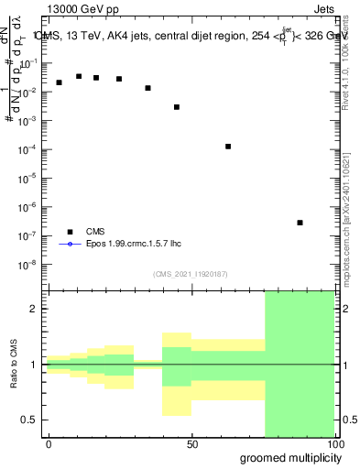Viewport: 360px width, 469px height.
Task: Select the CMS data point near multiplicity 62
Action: point(228,147)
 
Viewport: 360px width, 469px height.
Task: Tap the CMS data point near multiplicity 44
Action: point(177,107)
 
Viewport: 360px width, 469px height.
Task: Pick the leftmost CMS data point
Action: point(59,82)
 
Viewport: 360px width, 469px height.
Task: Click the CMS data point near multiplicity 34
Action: point(147,88)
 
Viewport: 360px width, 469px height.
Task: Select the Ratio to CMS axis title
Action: point(13,365)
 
